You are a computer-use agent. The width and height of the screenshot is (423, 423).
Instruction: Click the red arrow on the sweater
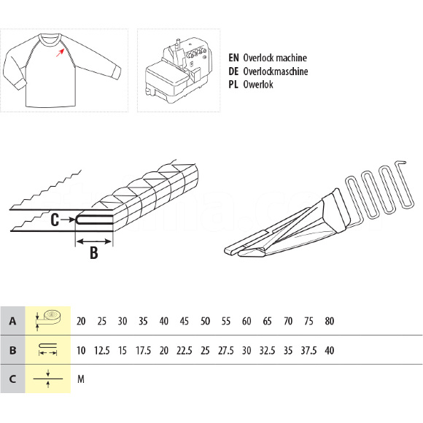pos(60,53)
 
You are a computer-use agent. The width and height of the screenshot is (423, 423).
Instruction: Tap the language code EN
pos(233,58)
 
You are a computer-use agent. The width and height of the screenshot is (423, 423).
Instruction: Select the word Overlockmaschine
pos(276,71)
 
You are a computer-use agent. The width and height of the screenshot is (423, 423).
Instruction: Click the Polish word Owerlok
pos(258,85)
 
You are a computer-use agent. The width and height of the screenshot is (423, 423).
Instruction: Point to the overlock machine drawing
pos(177,70)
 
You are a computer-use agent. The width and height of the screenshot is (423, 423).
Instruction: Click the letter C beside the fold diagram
pos(55,220)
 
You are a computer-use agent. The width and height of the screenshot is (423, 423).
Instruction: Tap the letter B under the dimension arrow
pos(94,253)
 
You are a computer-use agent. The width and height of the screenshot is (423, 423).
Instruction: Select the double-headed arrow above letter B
pos(94,241)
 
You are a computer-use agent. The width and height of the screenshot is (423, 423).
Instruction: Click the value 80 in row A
pos(330,321)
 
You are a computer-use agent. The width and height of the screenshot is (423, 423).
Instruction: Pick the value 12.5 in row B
pos(101,350)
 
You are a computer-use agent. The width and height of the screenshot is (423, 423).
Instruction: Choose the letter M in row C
pos(81,379)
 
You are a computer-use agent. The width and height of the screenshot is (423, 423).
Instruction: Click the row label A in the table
pos(12,321)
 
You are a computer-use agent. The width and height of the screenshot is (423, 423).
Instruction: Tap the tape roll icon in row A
pos(48,320)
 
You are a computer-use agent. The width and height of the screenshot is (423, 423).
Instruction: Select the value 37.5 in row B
pos(308,350)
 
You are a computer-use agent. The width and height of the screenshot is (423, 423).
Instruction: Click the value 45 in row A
pos(185,321)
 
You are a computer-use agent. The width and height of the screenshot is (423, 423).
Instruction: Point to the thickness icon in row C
pos(48,379)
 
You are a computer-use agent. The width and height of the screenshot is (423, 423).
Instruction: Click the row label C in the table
pos(12,379)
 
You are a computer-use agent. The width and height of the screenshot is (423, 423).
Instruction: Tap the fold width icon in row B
pos(48,349)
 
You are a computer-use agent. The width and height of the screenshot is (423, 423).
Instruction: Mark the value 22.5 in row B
pos(185,350)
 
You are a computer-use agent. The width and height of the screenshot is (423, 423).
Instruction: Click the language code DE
pos(233,71)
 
